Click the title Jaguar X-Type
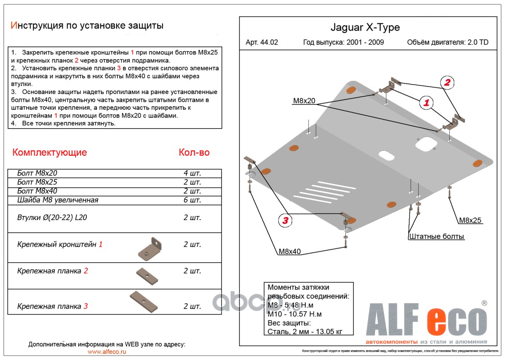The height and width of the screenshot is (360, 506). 365,27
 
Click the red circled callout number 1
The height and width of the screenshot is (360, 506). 426,103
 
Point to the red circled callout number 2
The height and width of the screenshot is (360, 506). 447,82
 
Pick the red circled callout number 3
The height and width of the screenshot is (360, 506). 285,220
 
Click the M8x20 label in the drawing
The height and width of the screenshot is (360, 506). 304,101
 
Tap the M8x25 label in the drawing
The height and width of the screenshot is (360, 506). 470,220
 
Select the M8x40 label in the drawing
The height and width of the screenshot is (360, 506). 289,252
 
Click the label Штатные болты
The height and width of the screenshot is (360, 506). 436,236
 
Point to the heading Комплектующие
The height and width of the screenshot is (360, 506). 50,153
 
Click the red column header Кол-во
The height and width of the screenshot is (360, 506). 194,153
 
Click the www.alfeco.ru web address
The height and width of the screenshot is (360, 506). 107,352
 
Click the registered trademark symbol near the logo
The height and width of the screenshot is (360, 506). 484,303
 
